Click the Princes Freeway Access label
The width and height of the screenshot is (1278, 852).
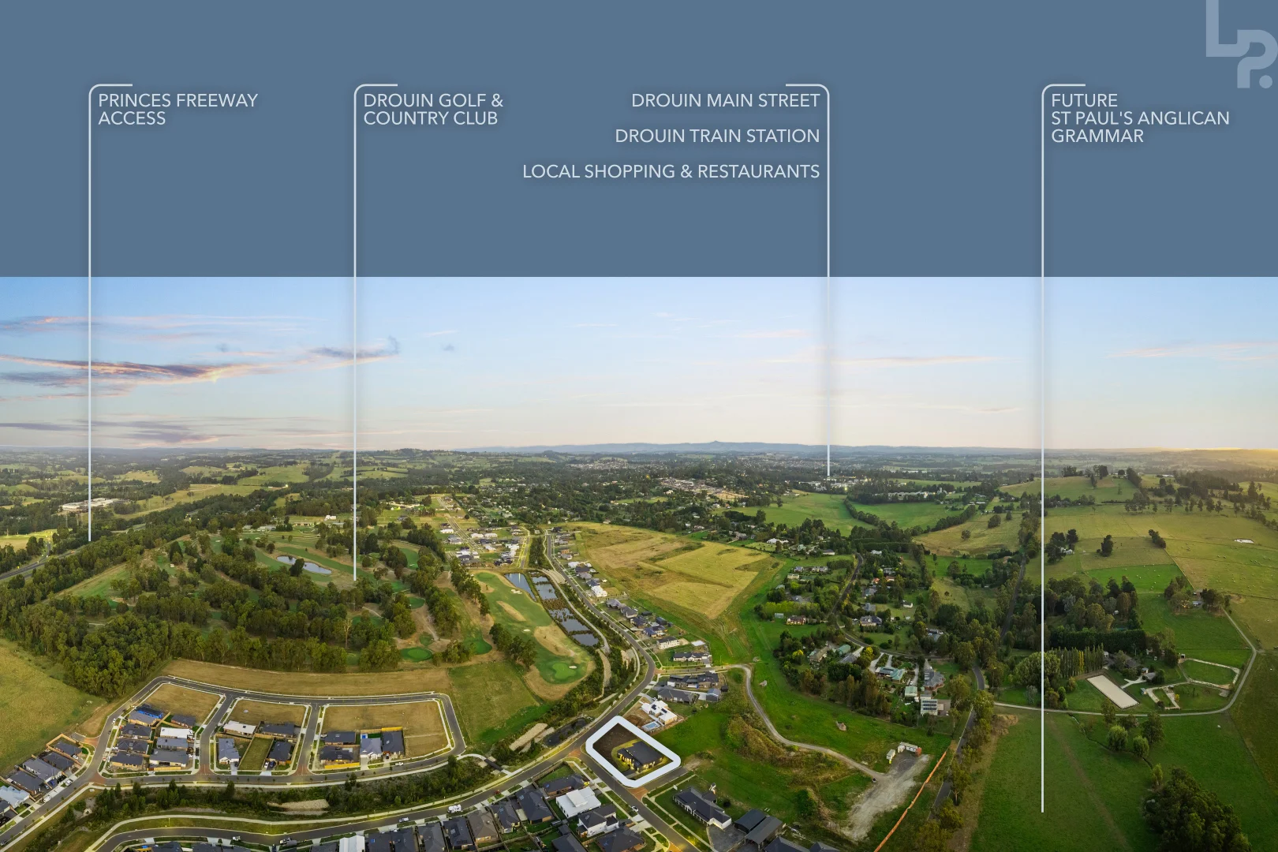tap(177, 109)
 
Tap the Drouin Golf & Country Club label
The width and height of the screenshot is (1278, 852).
tap(432, 109)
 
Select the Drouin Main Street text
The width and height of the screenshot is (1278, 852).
tap(725, 100)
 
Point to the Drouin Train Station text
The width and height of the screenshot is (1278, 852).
tap(716, 136)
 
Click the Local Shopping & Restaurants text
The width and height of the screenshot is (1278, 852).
tap(671, 171)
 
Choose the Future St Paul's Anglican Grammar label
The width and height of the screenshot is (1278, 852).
tap(1139, 118)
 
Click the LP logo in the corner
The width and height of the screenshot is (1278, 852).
tap(1240, 43)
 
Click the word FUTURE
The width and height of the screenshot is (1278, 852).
tap(1084, 100)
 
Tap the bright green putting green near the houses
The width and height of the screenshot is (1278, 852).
tap(561, 671)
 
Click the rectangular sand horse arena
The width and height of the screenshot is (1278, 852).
tap(1112, 691)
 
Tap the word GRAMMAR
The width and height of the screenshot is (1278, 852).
tap(1097, 136)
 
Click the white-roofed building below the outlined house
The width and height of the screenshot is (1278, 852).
tap(579, 802)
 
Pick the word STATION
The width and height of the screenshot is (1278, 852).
tap(784, 136)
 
